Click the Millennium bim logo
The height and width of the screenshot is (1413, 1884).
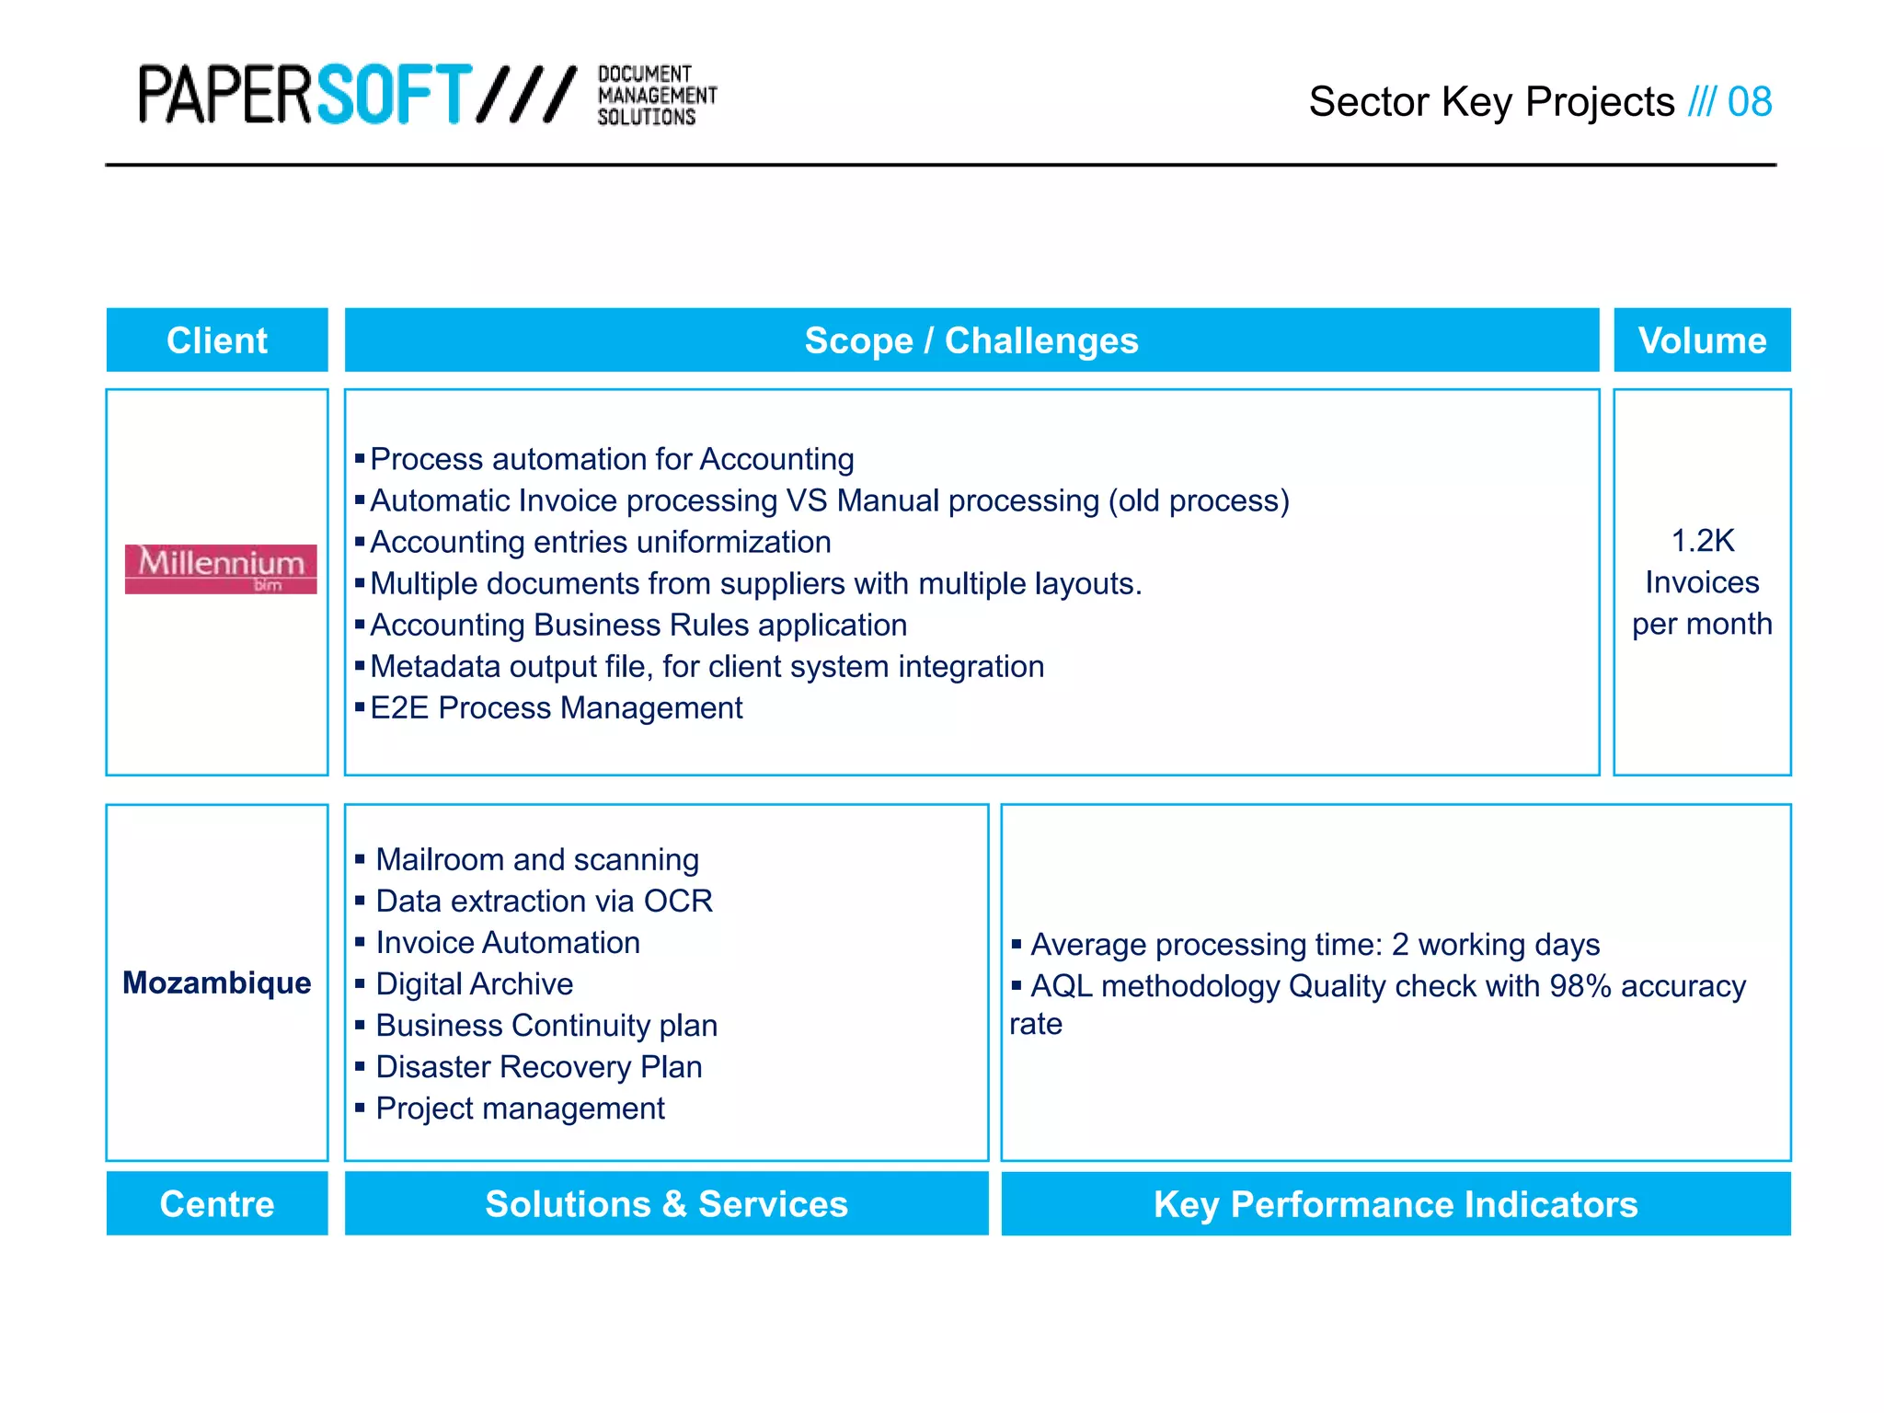click(221, 569)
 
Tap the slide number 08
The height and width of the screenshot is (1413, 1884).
click(1749, 102)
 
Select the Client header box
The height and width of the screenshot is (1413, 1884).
click(217, 340)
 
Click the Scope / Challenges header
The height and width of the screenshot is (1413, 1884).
click(971, 340)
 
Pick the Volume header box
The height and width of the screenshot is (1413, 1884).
click(1702, 340)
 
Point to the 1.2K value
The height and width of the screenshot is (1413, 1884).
click(1702, 541)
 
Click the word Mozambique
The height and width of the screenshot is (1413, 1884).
click(217, 982)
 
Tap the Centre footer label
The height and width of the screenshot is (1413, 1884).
click(217, 1203)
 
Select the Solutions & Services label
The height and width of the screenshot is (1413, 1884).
click(666, 1203)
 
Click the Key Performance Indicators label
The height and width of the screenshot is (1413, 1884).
click(1396, 1203)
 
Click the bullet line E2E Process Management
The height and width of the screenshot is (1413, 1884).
click(556, 708)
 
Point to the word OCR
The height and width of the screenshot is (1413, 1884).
click(678, 902)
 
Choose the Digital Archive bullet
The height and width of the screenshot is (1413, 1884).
click(474, 984)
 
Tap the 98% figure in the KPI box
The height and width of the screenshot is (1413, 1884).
click(1580, 986)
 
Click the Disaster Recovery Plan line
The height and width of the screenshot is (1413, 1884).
click(538, 1067)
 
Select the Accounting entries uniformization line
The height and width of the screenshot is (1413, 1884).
click(600, 543)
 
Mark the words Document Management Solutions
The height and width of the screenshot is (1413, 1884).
click(656, 95)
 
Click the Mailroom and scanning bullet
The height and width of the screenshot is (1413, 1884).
click(537, 860)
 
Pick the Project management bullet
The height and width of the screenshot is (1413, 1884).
click(520, 1109)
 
